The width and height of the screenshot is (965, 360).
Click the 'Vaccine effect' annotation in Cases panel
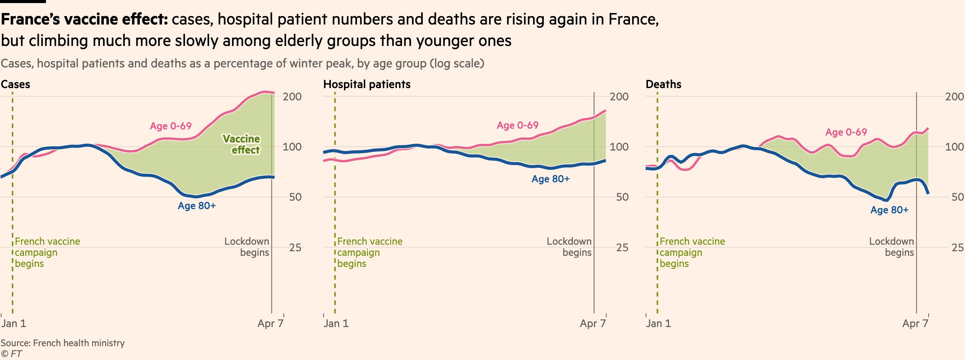click(x=242, y=144)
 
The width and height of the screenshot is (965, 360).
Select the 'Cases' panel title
click(x=15, y=84)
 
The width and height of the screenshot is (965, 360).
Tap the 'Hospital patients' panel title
click(x=366, y=84)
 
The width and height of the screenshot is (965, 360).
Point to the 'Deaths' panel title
click(x=663, y=84)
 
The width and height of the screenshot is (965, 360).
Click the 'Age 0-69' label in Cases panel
click(x=170, y=126)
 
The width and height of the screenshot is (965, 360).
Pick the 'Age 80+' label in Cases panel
click(x=196, y=206)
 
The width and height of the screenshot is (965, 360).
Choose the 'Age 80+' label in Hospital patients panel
click(x=550, y=179)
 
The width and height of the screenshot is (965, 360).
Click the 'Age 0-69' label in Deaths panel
click(x=846, y=132)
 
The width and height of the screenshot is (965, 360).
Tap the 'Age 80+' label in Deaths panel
click(x=889, y=210)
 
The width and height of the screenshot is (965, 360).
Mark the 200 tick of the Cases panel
click(x=292, y=97)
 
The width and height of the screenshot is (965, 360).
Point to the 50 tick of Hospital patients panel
click(x=622, y=197)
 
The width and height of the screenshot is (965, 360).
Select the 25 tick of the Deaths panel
click(x=957, y=247)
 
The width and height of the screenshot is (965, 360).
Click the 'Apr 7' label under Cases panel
click(x=270, y=323)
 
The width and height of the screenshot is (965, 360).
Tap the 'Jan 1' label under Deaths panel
click(x=658, y=323)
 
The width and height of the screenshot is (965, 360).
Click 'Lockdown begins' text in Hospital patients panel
click(x=569, y=247)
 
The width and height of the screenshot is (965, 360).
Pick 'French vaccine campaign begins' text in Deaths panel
click(x=692, y=252)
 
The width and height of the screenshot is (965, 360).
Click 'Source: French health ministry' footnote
click(x=63, y=343)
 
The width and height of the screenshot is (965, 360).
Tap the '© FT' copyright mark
click(x=11, y=354)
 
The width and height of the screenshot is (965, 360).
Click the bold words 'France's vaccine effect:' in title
click(x=85, y=19)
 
